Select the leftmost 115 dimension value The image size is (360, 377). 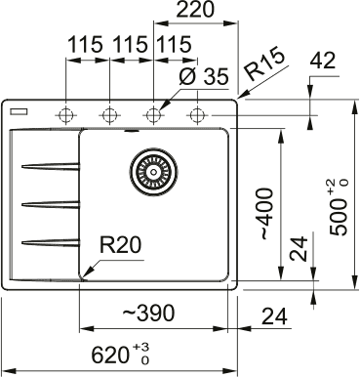point(87,45)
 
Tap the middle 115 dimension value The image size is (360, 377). point(131,45)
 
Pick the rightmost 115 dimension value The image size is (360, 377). point(173,45)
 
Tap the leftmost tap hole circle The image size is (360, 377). point(67,113)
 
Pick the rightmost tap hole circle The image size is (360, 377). point(196,113)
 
